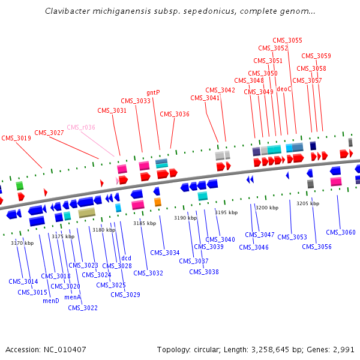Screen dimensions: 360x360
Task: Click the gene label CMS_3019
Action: tap(16, 138)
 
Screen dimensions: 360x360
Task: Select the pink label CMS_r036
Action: tap(80, 127)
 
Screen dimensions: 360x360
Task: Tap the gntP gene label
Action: tap(153, 93)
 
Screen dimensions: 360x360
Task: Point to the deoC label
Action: tap(284, 89)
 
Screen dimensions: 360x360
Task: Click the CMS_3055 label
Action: tap(287, 41)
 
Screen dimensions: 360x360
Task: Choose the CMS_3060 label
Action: tap(340, 232)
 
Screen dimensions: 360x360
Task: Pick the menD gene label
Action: tap(50, 301)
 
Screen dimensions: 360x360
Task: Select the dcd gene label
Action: tap(126, 259)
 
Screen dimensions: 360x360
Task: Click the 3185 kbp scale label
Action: tap(144, 223)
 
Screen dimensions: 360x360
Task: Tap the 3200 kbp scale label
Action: tap(267, 208)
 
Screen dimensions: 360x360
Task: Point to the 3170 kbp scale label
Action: tap(22, 243)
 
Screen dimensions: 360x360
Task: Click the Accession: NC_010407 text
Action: tap(46, 349)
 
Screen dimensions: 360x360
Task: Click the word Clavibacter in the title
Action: tap(67, 11)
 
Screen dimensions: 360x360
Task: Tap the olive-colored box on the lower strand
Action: tap(86, 212)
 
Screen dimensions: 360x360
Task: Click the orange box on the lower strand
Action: tap(158, 202)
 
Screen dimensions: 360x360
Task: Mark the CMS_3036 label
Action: tap(174, 115)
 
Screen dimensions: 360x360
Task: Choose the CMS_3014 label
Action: tap(23, 281)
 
